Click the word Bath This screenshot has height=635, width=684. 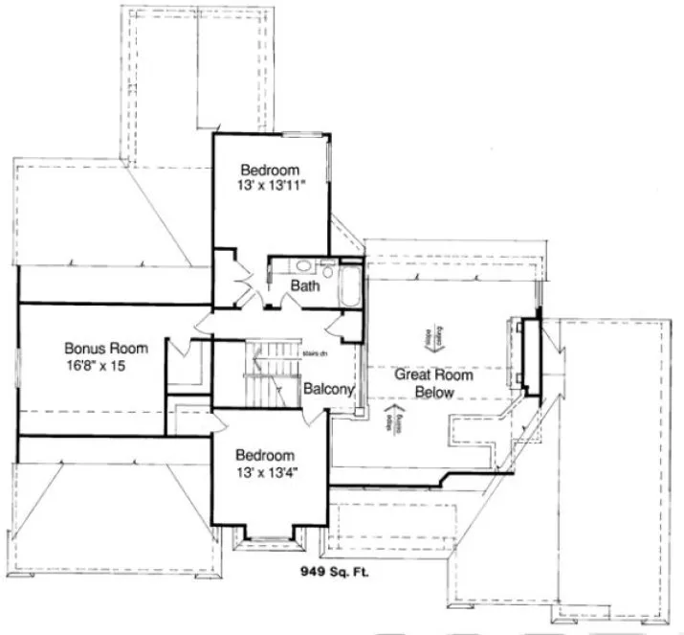click(x=305, y=285)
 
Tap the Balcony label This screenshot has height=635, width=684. click(x=329, y=390)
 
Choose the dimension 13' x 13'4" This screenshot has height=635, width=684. click(x=266, y=473)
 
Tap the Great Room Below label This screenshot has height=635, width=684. click(x=434, y=383)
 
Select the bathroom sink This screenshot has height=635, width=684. click(x=302, y=267)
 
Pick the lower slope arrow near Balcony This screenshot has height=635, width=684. click(x=389, y=419)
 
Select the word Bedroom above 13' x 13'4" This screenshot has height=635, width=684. click(x=266, y=456)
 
